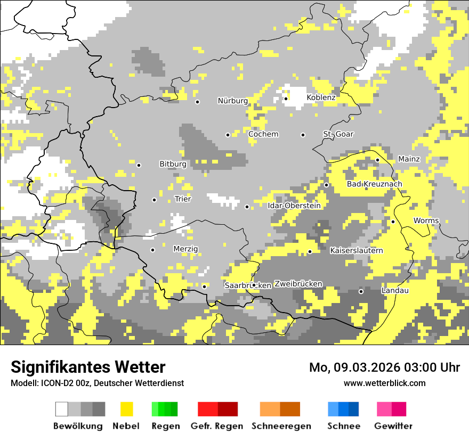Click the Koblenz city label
click(321, 97)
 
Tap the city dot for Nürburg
click(197, 101)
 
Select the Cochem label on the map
click(263, 134)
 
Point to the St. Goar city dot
click(303, 135)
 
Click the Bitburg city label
click(173, 164)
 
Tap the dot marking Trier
click(154, 200)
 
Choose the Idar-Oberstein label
click(294, 206)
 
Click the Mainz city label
click(409, 159)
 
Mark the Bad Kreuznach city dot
click(326, 185)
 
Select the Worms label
click(426, 220)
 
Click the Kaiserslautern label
click(357, 250)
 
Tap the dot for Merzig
click(152, 250)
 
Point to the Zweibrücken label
click(298, 284)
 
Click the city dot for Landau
click(361, 291)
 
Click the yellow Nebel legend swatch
click(126, 409)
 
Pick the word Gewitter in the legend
click(393, 426)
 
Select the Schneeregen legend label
click(281, 426)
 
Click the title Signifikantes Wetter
click(88, 367)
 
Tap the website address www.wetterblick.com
click(384, 383)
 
